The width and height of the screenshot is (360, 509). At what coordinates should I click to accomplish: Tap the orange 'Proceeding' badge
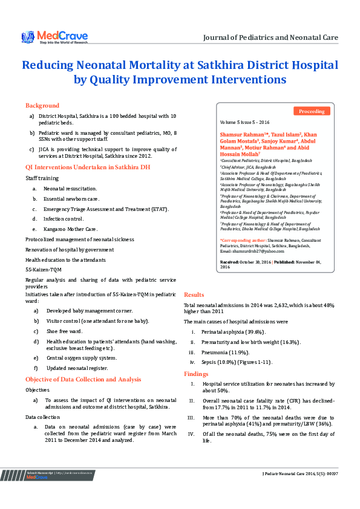click(312, 111)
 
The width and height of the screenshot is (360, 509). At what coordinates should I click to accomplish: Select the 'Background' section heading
click(42, 105)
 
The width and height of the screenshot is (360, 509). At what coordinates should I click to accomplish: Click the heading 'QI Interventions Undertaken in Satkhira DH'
click(88, 166)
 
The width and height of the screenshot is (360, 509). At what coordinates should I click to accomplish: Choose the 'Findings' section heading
click(197, 374)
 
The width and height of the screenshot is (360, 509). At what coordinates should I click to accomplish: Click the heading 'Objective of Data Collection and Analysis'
click(83, 379)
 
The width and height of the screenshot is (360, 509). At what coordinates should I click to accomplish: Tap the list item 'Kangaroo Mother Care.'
click(70, 230)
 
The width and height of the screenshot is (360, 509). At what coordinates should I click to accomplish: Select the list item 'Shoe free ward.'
click(64, 331)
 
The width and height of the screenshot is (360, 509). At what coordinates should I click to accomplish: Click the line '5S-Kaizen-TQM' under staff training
click(44, 269)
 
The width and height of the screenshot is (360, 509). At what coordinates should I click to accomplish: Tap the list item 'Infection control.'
click(64, 219)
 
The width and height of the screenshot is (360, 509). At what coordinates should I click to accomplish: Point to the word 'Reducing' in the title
click(48, 65)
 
